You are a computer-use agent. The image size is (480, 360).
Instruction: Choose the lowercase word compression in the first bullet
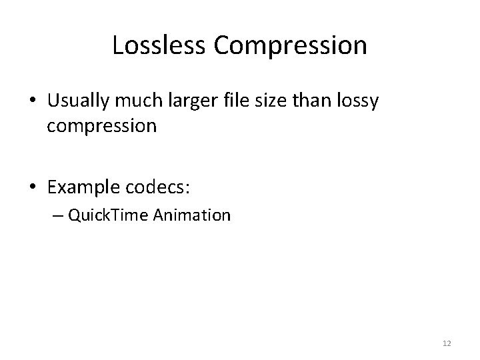[x=101, y=127]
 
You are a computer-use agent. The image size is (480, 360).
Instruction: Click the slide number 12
[x=447, y=343]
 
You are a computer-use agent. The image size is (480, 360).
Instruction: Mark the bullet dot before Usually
[x=33, y=102]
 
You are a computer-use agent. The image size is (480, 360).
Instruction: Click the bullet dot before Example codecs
[x=33, y=188]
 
